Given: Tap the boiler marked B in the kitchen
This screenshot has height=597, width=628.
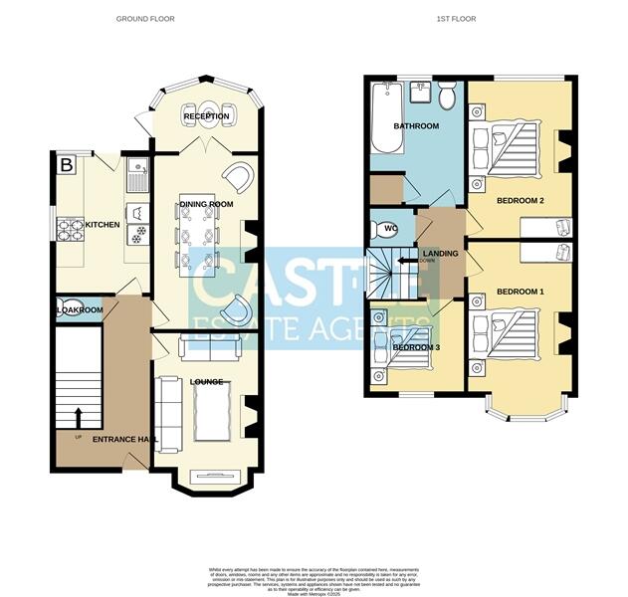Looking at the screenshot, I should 67,165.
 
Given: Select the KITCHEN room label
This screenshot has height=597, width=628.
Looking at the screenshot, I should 103,225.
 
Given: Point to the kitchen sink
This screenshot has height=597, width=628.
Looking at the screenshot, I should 138,170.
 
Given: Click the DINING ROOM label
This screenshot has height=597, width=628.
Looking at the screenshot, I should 206,205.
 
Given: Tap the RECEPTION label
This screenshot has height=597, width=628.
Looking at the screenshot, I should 206,116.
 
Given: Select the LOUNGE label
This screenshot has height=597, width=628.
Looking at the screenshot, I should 206,382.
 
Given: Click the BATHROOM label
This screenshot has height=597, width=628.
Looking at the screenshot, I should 415,126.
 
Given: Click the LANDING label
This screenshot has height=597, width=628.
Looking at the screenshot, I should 440,253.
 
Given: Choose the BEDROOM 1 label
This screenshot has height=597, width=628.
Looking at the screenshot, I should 521,292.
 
